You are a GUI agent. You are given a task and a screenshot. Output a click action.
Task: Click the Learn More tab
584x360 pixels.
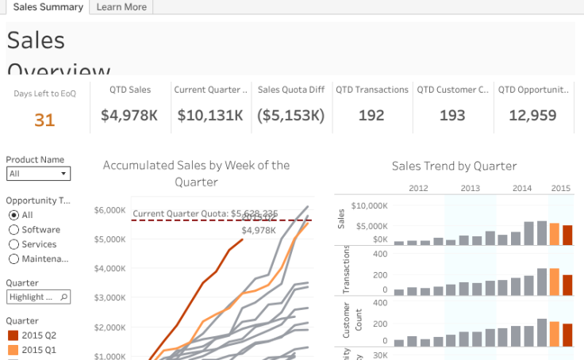click(x=121, y=7)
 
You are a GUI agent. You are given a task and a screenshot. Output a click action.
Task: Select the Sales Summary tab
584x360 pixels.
click(x=48, y=7)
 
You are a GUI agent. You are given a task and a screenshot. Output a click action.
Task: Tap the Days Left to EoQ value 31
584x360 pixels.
click(x=44, y=120)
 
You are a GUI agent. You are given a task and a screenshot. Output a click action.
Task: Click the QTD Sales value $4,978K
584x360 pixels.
click(x=129, y=116)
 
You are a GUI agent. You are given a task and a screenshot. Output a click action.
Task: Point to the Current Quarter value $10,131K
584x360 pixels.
click(x=210, y=116)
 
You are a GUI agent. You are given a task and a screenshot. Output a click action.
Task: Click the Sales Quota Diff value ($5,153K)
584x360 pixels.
click(x=291, y=116)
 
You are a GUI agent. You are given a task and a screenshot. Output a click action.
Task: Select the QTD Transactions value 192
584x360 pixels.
click(x=371, y=116)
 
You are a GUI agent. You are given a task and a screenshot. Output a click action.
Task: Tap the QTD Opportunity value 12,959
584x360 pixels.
click(x=532, y=116)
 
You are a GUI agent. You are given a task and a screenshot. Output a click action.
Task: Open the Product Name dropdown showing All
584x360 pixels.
click(x=38, y=174)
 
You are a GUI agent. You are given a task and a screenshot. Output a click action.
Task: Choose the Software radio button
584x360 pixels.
click(x=13, y=230)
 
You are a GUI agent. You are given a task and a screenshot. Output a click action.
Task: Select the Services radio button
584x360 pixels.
click(x=13, y=244)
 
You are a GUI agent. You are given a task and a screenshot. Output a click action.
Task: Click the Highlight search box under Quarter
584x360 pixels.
click(x=38, y=297)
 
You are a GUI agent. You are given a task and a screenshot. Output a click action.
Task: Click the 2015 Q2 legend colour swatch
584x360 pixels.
click(x=12, y=335)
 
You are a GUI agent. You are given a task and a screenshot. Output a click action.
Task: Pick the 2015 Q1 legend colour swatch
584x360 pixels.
click(x=12, y=350)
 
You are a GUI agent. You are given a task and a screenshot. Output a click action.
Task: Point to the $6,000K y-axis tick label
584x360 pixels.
click(x=110, y=210)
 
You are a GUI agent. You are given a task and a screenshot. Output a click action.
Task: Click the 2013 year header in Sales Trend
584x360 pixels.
click(x=470, y=188)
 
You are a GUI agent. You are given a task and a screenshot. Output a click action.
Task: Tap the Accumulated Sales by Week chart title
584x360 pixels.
click(x=196, y=173)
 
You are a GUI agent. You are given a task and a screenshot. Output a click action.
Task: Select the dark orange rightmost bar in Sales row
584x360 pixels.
click(x=567, y=236)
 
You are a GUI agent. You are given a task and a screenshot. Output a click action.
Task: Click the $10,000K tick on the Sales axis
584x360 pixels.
click(x=370, y=205)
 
